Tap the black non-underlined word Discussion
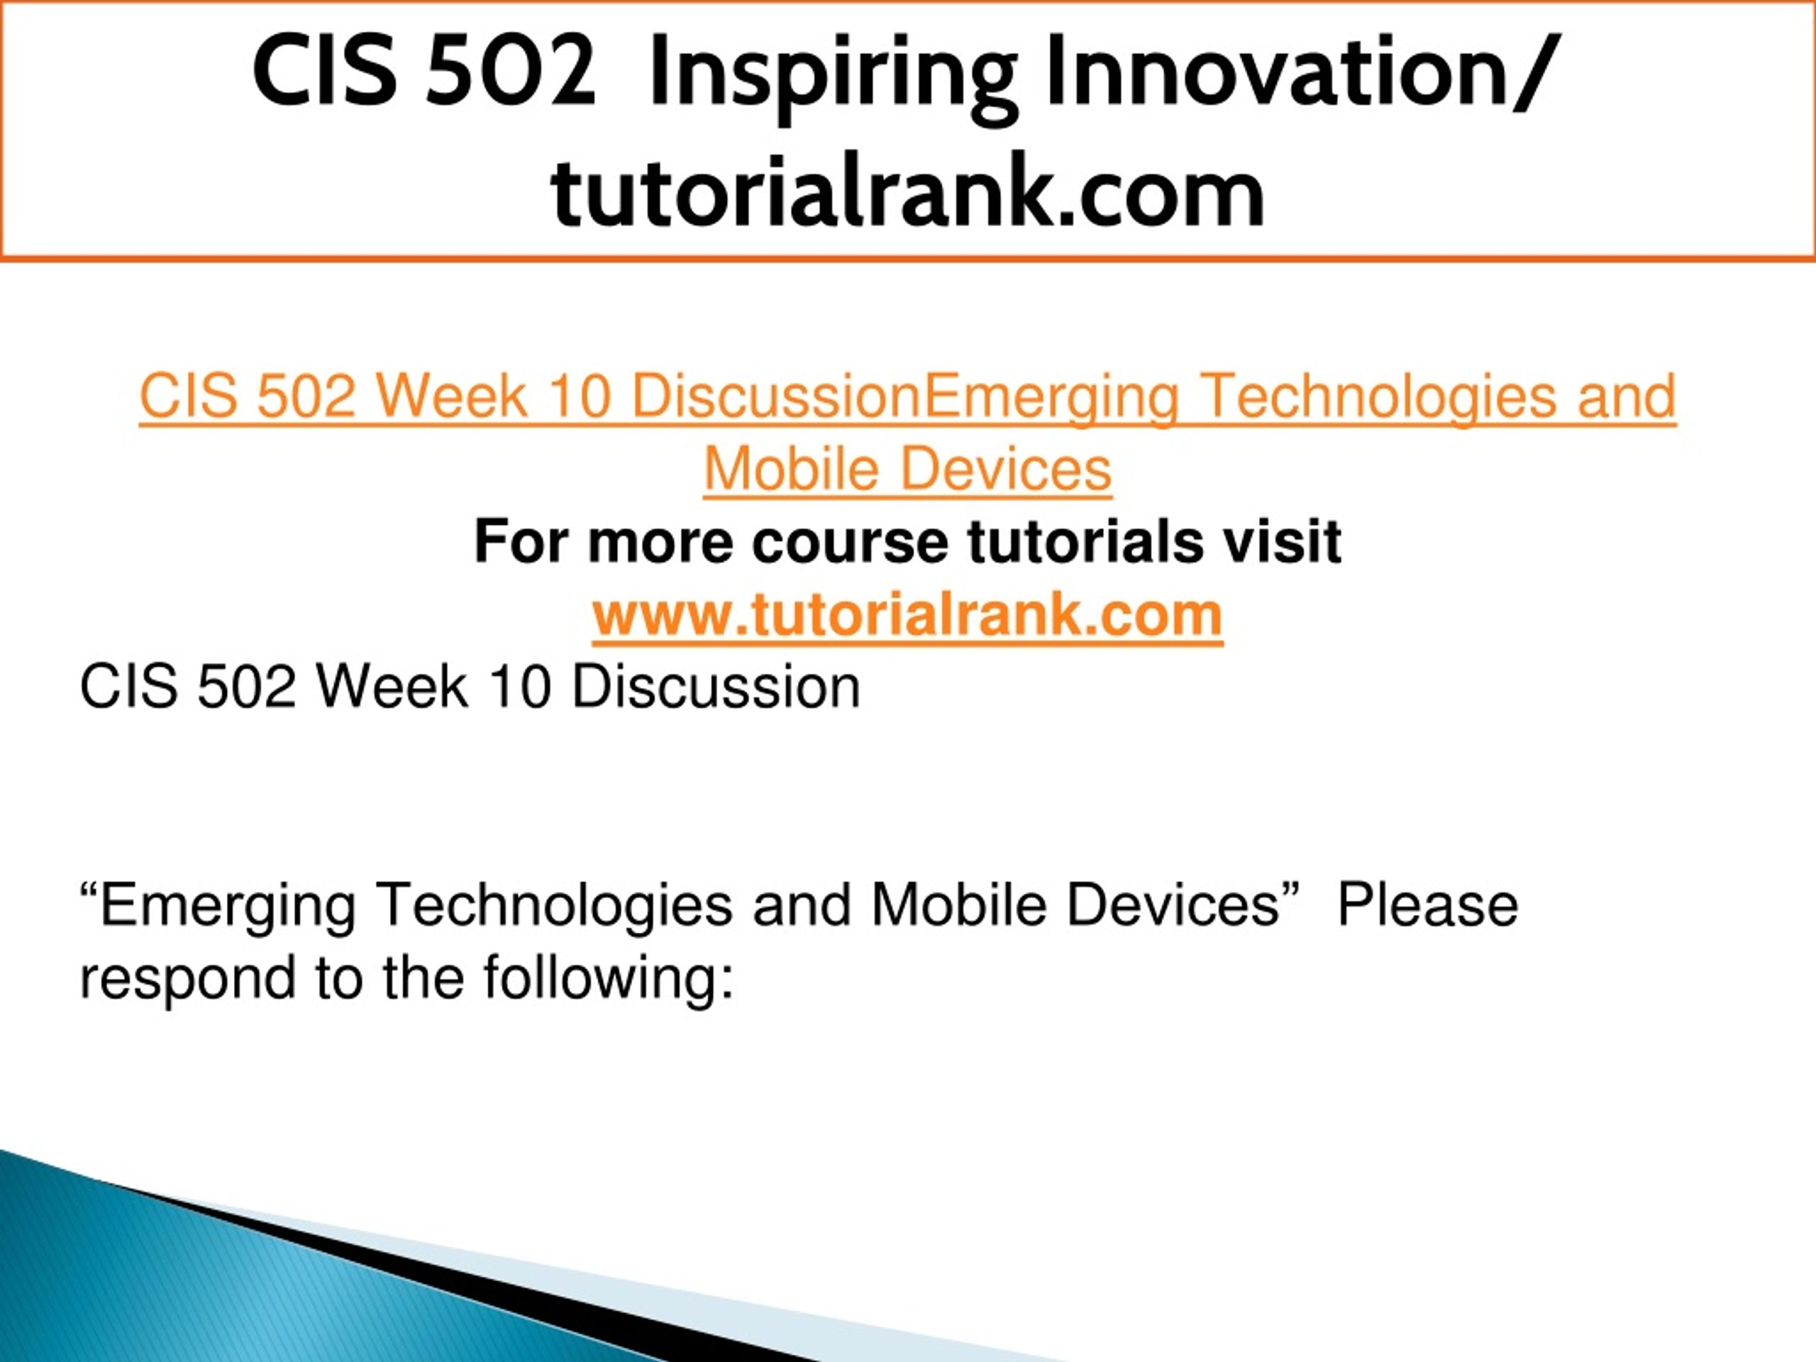pyautogui.click(x=716, y=687)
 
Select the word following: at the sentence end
pyautogui.click(x=607, y=979)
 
